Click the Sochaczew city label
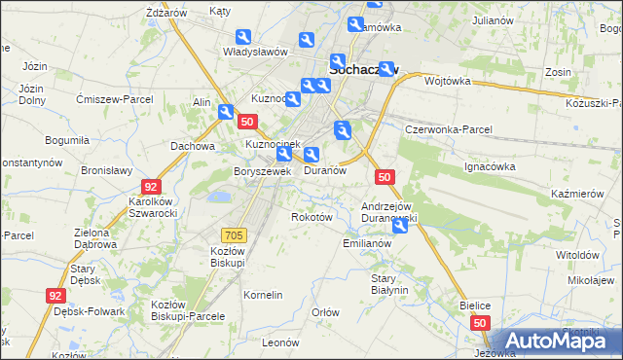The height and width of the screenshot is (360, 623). point(365,70)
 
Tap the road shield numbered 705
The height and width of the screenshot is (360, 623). point(234,234)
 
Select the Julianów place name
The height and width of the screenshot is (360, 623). point(492,19)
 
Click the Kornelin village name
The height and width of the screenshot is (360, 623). point(263,294)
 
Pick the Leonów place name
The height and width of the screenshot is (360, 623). point(279,342)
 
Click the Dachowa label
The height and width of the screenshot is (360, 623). point(192,146)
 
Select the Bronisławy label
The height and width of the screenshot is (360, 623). point(106,169)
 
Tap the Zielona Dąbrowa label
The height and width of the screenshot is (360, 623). point(97,239)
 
